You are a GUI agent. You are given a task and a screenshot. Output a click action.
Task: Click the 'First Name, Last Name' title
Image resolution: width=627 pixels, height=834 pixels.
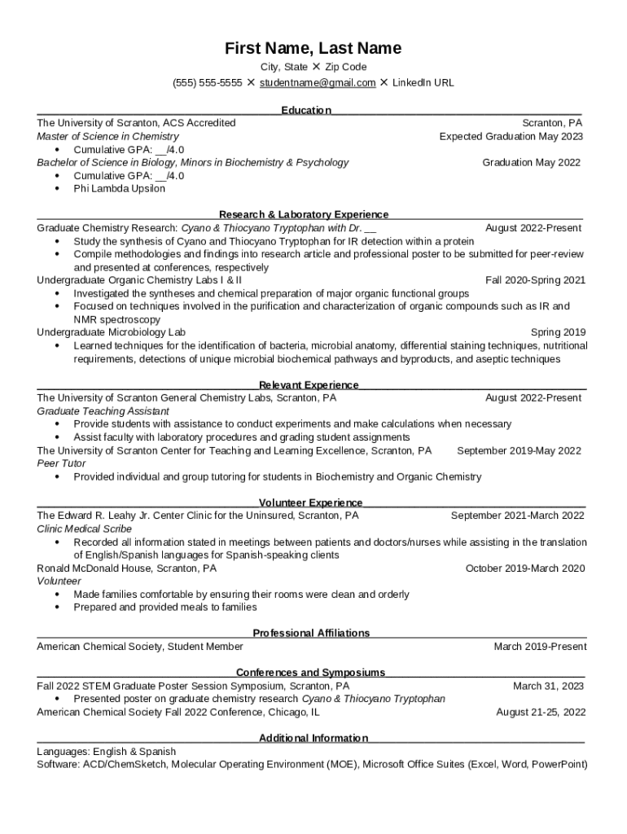click(x=313, y=49)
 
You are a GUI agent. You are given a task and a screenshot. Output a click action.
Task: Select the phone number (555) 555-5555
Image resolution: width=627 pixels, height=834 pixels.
click(x=207, y=83)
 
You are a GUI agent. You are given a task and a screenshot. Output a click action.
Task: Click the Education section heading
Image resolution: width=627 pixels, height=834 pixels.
click(x=306, y=110)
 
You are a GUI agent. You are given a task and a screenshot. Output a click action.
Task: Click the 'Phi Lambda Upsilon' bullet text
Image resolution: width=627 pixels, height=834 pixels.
click(x=119, y=189)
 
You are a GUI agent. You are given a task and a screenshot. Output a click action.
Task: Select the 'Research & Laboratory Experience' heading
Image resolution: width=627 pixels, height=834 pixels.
click(x=304, y=215)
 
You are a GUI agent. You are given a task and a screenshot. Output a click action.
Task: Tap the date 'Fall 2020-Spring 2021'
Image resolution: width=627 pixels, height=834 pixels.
click(x=535, y=280)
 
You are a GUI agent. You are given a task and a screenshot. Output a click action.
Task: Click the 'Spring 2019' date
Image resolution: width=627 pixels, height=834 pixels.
click(x=558, y=332)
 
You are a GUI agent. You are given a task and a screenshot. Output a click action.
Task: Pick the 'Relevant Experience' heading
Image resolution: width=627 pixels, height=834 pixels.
click(x=309, y=385)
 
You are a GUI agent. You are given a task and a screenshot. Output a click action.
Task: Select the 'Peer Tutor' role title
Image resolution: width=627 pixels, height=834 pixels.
click(x=61, y=463)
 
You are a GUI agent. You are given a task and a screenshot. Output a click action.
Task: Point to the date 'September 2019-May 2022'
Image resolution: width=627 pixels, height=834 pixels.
click(x=519, y=450)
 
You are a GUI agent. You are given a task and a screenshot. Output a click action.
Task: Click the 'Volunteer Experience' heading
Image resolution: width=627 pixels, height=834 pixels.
click(x=310, y=503)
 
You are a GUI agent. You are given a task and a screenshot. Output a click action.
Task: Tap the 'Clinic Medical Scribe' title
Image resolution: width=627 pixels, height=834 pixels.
click(x=84, y=529)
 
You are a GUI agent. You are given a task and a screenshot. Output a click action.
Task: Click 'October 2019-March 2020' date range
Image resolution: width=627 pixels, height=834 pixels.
click(x=525, y=568)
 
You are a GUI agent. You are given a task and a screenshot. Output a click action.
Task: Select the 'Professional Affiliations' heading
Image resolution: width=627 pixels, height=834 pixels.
click(x=311, y=634)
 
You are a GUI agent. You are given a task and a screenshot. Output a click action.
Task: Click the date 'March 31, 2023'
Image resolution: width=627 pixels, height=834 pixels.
click(x=548, y=686)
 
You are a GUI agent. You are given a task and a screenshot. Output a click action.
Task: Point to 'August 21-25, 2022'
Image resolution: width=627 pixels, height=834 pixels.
click(x=541, y=712)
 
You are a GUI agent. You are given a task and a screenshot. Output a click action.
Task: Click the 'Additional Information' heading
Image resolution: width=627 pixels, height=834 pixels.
click(x=313, y=739)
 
